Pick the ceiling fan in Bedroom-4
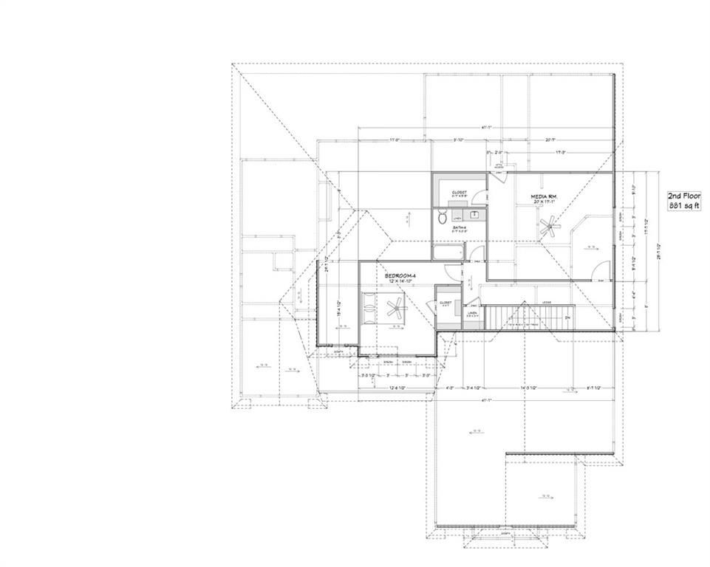392,306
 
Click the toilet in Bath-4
442,217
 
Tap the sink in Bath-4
472,215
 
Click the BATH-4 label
459,229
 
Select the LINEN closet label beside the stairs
472,313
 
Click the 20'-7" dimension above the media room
551,140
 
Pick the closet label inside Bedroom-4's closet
446,303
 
